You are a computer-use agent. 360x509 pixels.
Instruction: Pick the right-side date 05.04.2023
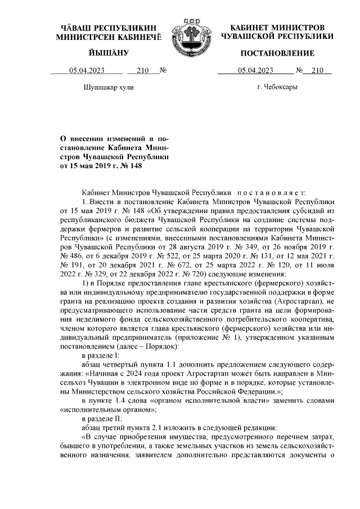point(255,71)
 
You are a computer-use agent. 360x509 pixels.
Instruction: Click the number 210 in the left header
point(142,71)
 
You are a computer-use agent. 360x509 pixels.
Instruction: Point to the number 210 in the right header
point(317,71)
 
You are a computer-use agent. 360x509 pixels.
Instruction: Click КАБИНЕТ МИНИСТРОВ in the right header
point(277,28)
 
